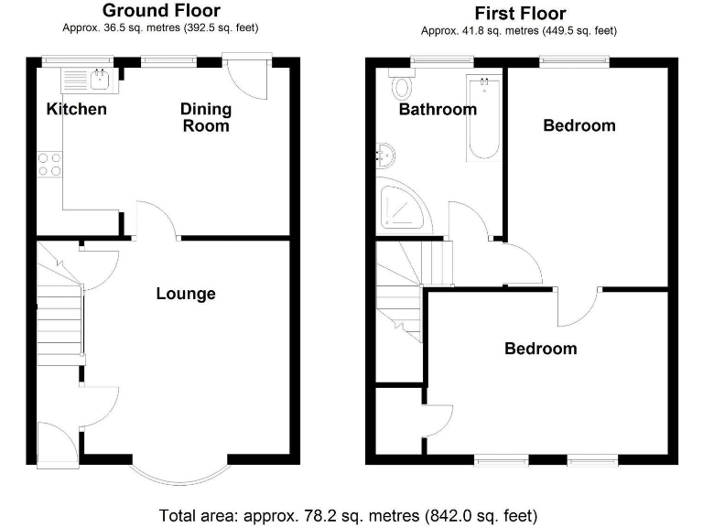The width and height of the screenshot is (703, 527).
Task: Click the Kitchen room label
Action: pos(77,110)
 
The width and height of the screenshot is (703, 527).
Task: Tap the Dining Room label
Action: pos(205,118)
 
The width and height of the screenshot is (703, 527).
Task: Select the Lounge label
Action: pos(186,294)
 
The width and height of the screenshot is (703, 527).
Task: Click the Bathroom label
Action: pos(438,110)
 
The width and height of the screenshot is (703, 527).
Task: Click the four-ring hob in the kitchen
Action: pos(49,164)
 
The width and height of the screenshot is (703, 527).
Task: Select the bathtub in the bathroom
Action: pos(482,119)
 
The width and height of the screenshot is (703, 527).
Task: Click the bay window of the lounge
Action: pos(178,472)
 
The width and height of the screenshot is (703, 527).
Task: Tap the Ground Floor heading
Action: pos(160,11)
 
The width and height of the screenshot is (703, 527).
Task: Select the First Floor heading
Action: pos(519,13)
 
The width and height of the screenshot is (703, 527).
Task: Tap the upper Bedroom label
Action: pos(579,125)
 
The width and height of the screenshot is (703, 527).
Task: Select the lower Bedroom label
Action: pos(540,349)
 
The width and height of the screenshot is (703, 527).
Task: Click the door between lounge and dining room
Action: pos(156,221)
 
